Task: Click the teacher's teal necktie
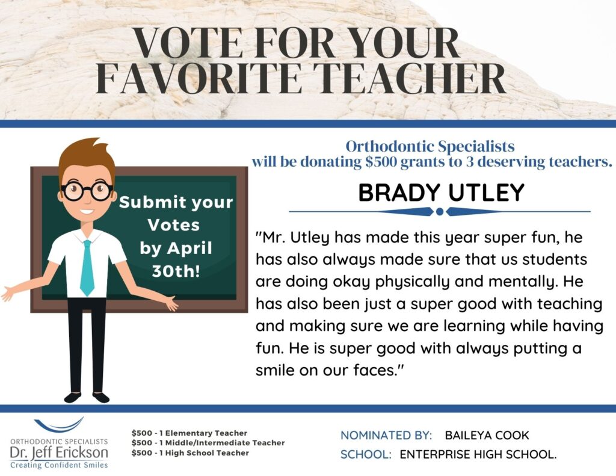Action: pos(87,268)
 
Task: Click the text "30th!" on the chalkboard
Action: pos(176,271)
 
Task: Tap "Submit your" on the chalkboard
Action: pos(176,202)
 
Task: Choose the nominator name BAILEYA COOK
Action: pos(487,435)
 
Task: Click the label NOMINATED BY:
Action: pos(386,435)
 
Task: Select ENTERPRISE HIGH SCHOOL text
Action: pos(478,454)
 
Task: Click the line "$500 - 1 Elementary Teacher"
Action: pos(189,433)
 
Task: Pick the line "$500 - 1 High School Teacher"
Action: pos(190,453)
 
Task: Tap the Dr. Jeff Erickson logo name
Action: pos(59,453)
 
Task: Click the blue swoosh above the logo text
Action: pos(59,425)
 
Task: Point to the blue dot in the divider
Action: pos(440,212)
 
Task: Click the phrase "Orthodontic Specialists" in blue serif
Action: pos(430,146)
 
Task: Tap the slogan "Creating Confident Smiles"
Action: pos(59,465)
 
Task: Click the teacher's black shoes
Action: pos(87,397)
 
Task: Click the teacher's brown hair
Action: pos(87,155)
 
